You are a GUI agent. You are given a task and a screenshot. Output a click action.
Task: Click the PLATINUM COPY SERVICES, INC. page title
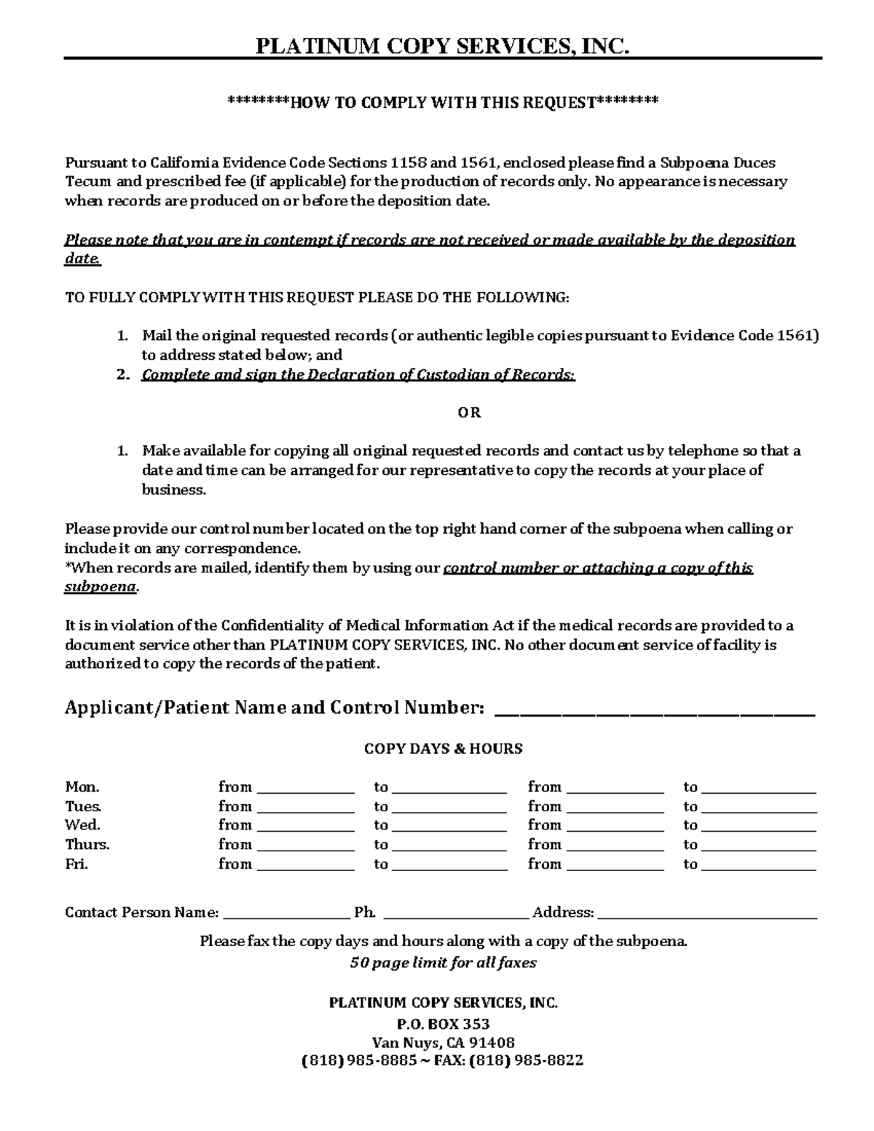442,47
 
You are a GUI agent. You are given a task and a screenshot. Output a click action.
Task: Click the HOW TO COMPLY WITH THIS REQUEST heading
443,102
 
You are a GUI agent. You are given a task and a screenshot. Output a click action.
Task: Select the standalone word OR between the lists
469,413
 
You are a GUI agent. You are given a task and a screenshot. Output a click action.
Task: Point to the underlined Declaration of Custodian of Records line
358,375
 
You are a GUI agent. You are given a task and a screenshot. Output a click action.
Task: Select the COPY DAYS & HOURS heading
443,749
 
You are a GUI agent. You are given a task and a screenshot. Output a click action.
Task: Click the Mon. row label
82,787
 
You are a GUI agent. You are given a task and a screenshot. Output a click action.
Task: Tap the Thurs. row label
87,845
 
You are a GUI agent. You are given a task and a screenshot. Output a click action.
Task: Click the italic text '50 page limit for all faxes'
443,963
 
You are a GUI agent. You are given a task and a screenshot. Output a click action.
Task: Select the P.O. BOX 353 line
443,1024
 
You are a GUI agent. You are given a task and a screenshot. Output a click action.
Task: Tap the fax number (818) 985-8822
526,1060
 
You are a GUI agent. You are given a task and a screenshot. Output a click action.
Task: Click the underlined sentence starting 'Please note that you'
430,240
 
